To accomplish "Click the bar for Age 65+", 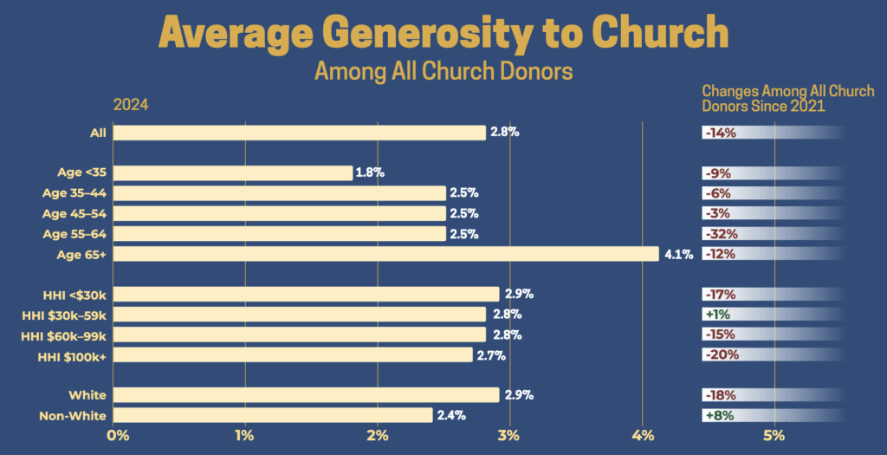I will click(x=385, y=254).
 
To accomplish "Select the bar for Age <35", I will click(x=232, y=172).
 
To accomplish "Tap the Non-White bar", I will click(x=272, y=415).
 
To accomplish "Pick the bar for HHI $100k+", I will click(x=293, y=354).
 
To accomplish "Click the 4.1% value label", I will click(x=678, y=254).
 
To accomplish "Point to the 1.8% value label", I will click(x=370, y=172).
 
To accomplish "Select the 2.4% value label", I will click(x=450, y=415).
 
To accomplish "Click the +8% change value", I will click(x=720, y=415).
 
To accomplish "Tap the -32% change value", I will click(x=721, y=233).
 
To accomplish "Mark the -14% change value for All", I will click(x=721, y=133).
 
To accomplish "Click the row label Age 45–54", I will click(x=74, y=213).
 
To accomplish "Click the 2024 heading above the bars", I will click(x=131, y=105).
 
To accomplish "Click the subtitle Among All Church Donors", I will click(x=443, y=70).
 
